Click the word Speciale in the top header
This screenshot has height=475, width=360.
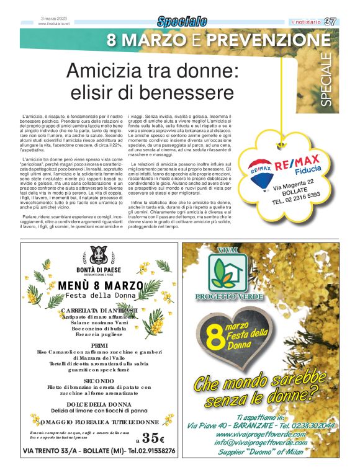click(182, 22)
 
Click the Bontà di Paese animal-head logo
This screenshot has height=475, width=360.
click(99, 255)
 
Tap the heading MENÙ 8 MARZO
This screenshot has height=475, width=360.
click(99, 286)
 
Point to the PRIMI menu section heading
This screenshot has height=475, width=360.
click(99, 345)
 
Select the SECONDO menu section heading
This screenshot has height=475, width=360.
click(99, 380)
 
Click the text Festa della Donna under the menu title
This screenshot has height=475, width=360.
click(99, 296)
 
